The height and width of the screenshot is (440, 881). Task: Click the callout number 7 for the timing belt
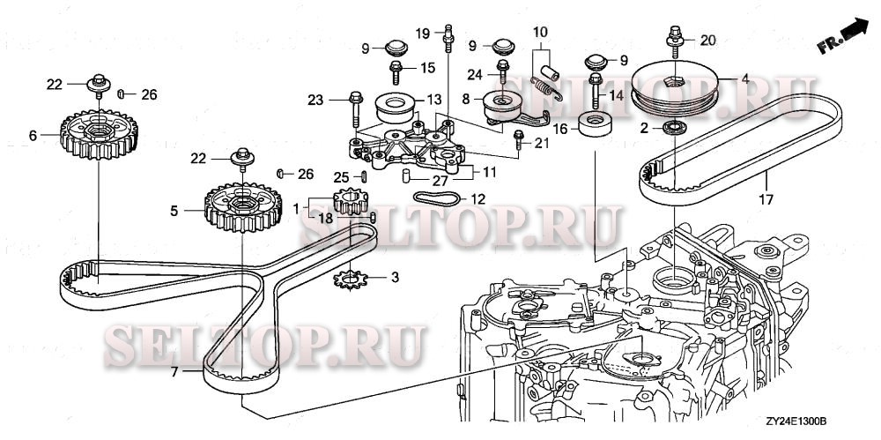click(x=174, y=372)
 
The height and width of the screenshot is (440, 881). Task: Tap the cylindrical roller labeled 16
click(x=596, y=124)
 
